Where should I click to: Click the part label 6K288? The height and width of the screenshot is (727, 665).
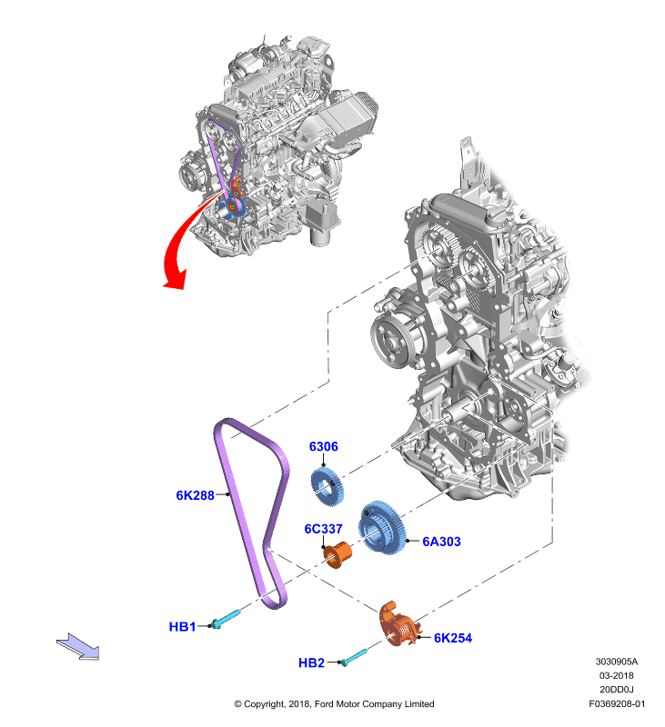[195, 495]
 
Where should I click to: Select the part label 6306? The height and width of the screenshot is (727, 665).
[324, 446]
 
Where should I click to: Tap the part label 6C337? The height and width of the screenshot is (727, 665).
[324, 529]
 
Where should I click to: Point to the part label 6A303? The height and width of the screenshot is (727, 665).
[441, 542]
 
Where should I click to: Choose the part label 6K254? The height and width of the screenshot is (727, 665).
[453, 638]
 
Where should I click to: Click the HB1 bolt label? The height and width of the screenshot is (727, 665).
[182, 627]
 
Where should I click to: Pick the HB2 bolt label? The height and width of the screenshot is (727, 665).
[311, 663]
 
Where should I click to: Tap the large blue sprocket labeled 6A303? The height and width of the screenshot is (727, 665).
[383, 528]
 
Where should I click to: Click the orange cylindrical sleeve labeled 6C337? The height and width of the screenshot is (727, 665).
[338, 554]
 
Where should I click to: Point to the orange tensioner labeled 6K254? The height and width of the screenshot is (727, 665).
[399, 624]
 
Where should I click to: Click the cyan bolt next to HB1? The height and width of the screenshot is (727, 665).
[227, 619]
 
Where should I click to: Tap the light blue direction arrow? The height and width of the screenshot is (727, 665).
[79, 646]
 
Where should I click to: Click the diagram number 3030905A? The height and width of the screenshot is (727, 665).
[617, 662]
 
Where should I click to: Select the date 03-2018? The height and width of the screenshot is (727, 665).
[616, 675]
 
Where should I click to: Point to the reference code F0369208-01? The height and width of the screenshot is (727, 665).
[617, 703]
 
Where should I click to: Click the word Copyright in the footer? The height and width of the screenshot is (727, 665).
[264, 704]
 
